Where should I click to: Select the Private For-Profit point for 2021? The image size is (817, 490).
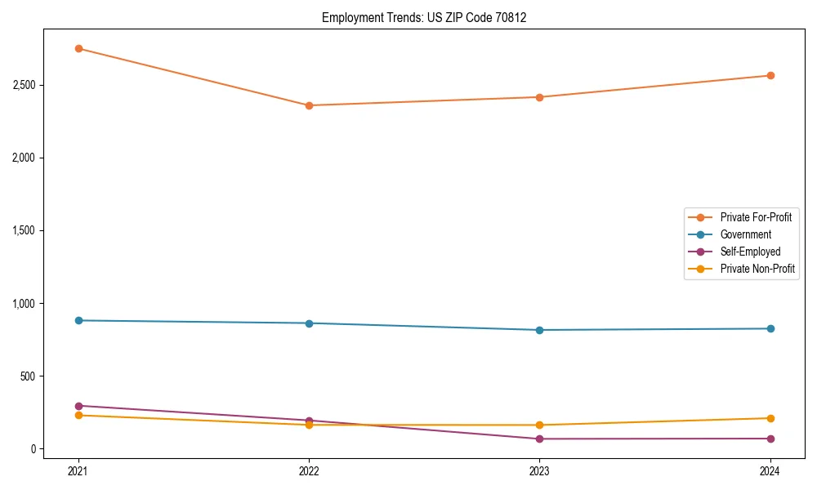[x=78, y=48]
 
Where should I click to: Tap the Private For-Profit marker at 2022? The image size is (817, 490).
[x=309, y=105]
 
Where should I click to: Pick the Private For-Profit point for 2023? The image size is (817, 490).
[x=539, y=97]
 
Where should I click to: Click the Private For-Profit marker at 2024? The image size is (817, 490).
[x=770, y=76]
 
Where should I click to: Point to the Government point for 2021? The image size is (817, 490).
[x=78, y=320]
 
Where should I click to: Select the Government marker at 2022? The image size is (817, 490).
[x=309, y=323]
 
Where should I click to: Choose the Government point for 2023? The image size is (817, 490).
[x=539, y=330]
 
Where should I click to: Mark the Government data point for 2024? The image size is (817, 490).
[x=770, y=328]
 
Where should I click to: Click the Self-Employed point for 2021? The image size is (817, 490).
[x=78, y=406]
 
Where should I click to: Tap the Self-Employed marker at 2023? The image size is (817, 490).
[x=539, y=439]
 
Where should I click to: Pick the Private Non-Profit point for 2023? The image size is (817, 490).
[x=539, y=425]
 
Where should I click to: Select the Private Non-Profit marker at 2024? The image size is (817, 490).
[x=770, y=418]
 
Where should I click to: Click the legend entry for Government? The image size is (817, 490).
[x=745, y=234]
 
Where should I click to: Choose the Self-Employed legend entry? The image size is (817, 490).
[x=750, y=252]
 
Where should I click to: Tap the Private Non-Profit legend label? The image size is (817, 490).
[x=757, y=269]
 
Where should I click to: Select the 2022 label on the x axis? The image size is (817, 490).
[x=309, y=470]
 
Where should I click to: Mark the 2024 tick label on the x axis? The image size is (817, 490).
[x=770, y=470]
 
